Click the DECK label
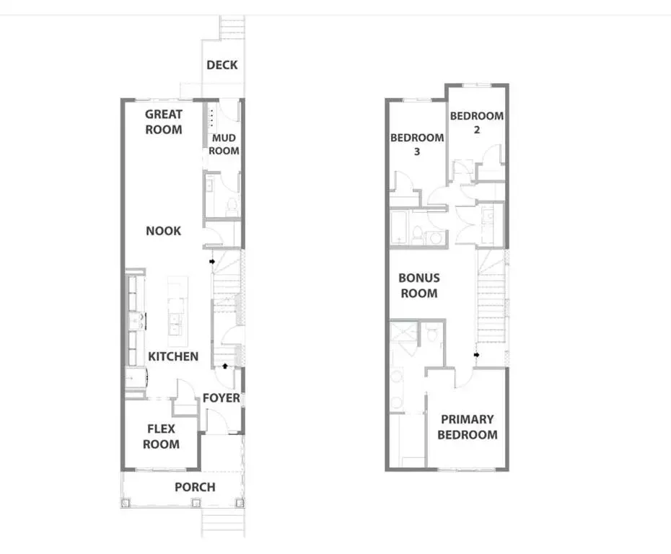(222, 65)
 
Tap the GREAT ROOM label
(164, 122)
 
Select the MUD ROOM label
(224, 144)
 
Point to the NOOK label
(164, 231)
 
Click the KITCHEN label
(173, 356)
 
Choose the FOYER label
(221, 398)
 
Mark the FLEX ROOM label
(161, 436)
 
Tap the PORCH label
(195, 487)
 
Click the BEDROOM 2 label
(477, 123)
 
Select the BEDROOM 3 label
(417, 144)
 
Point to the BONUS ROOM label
(418, 286)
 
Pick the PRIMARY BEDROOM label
(468, 427)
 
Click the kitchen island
(176, 306)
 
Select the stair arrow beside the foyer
(229, 366)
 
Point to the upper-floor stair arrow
(477, 354)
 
